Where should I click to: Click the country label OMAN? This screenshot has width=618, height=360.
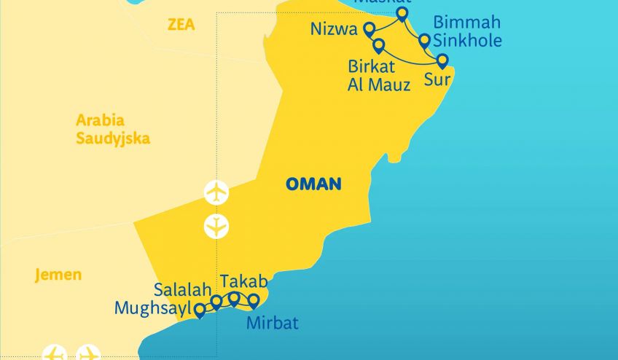tap(313, 184)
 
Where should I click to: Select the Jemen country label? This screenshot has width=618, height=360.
tap(58, 275)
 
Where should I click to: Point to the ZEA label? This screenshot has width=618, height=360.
tap(181, 25)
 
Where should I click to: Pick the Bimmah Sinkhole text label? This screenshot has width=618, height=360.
tap(467, 31)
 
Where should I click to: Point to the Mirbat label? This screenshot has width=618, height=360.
tap(273, 323)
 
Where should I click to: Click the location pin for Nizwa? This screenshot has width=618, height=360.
tap(369, 29)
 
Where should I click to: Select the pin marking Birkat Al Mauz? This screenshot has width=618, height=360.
tap(378, 46)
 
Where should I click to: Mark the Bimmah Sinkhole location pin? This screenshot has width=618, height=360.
tap(424, 40)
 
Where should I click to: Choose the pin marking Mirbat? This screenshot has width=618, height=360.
tap(254, 300)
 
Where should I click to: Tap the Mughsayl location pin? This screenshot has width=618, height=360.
tap(199, 310)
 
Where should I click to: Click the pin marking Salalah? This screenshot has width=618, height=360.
tap(216, 302)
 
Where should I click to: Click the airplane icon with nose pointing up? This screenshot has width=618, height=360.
tap(216, 192)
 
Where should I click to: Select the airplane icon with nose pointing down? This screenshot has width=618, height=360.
tap(216, 227)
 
